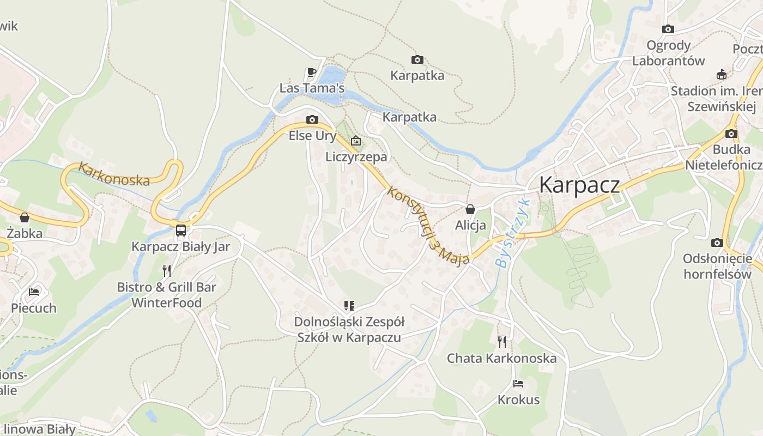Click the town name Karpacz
click(x=579, y=185)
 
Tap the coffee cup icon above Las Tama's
click(x=311, y=72)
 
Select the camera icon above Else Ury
click(x=312, y=119)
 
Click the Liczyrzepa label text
click(x=356, y=157)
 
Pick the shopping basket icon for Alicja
click(x=470, y=209)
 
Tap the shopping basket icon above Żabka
click(x=25, y=217)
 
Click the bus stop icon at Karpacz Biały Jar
click(x=181, y=230)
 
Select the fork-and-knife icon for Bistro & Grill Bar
click(x=167, y=270)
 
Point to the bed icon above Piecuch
click(x=34, y=292)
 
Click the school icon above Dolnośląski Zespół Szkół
click(x=349, y=306)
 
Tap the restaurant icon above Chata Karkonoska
click(x=502, y=342)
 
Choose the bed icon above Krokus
click(x=518, y=384)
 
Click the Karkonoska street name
click(x=113, y=174)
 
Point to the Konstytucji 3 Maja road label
click(x=428, y=226)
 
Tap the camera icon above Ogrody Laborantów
click(x=668, y=29)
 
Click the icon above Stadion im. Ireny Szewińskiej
click(x=722, y=75)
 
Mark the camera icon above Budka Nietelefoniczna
click(x=731, y=134)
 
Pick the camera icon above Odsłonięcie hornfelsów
click(x=717, y=243)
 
